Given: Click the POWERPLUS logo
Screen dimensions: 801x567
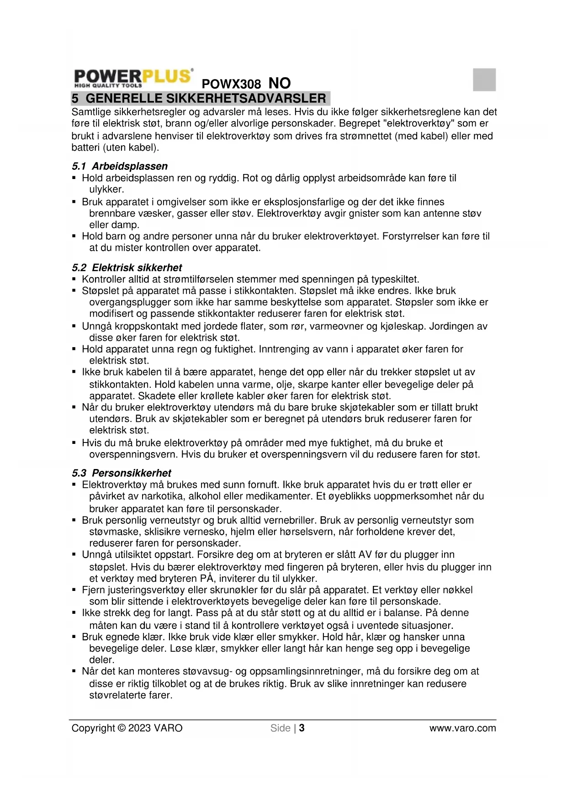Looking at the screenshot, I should click(x=133, y=78).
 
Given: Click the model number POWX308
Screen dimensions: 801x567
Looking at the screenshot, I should click(x=231, y=84).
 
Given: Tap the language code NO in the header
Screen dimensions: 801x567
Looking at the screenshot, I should click(x=280, y=83).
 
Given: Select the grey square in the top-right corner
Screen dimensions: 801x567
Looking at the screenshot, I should click(x=484, y=79).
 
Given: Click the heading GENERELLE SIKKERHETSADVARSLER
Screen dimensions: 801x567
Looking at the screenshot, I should click(x=206, y=98).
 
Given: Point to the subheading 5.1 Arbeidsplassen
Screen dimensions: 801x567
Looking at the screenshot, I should click(x=120, y=166).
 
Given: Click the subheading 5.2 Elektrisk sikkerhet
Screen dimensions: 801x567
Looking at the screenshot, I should click(x=127, y=268).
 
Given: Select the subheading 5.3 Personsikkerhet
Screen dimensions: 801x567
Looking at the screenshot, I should click(x=122, y=473).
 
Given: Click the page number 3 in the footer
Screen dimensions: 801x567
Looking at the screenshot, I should click(x=302, y=728).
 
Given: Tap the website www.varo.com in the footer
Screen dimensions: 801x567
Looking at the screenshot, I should click(x=462, y=728).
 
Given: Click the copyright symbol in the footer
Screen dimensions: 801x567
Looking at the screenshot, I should click(x=122, y=728).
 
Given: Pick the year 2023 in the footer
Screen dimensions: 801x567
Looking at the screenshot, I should click(x=139, y=728).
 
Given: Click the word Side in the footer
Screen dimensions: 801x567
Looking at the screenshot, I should click(x=280, y=728).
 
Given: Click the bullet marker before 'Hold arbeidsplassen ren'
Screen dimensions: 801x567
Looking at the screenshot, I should click(x=74, y=178).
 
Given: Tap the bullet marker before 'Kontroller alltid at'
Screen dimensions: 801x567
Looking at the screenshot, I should click(x=74, y=279).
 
